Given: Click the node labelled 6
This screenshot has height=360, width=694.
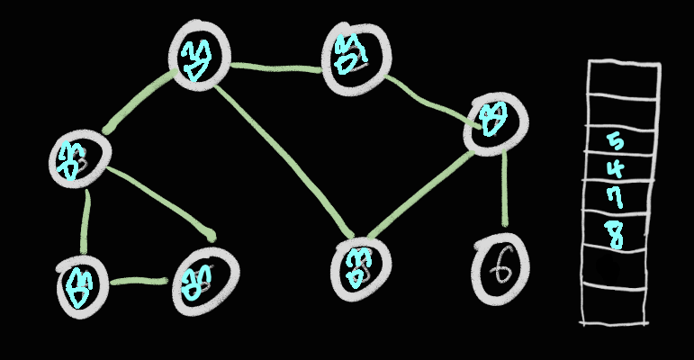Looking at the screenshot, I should click(x=500, y=267).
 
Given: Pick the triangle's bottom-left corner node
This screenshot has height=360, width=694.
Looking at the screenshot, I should click(x=80, y=283).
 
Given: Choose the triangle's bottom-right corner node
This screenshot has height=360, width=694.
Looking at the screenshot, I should click(x=203, y=282).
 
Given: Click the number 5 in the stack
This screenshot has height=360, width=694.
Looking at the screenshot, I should click(x=616, y=141).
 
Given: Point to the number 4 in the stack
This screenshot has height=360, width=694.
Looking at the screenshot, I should click(x=616, y=169).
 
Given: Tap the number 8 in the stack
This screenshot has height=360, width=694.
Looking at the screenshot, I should click(x=616, y=233).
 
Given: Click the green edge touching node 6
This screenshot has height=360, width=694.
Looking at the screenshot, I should click(x=504, y=189).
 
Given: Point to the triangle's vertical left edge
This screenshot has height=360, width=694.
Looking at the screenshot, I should click(x=85, y=220).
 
